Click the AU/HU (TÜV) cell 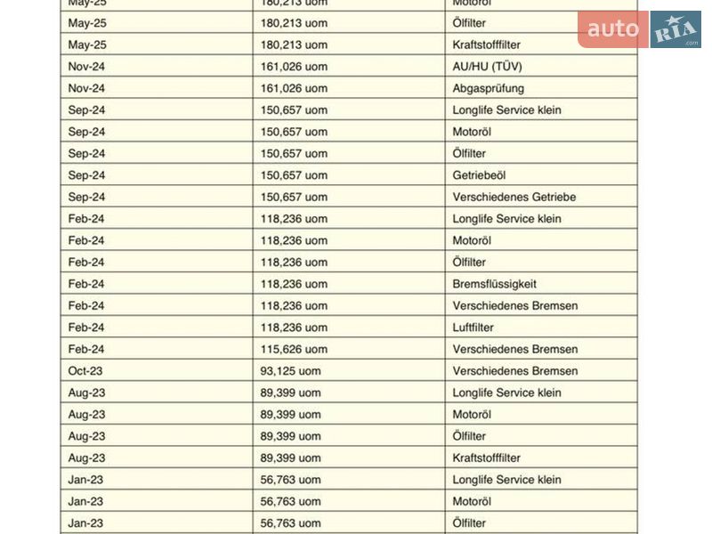(x=486, y=67)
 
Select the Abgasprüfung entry (x=488, y=88)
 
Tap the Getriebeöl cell (x=479, y=175)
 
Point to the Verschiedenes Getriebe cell (x=514, y=197)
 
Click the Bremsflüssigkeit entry (x=494, y=284)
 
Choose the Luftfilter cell (x=473, y=328)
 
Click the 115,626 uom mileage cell (x=294, y=349)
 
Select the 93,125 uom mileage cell (x=290, y=371)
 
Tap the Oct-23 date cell (x=85, y=371)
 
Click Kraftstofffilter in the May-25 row (x=486, y=44)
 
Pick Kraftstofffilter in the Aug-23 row (x=486, y=457)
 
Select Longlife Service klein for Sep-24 (x=506, y=110)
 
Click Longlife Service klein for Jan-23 (x=506, y=480)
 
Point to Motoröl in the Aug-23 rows (x=472, y=415)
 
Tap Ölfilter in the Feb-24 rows (x=469, y=263)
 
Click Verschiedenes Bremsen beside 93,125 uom (x=514, y=371)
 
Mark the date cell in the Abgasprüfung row (x=86, y=88)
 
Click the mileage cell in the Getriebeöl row (x=294, y=175)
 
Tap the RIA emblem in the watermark (x=676, y=30)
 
